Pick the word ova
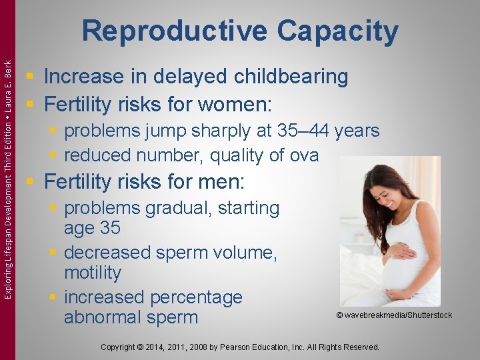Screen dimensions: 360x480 point(303,155)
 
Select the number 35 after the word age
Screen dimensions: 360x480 point(110,228)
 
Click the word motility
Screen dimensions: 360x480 point(93,273)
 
